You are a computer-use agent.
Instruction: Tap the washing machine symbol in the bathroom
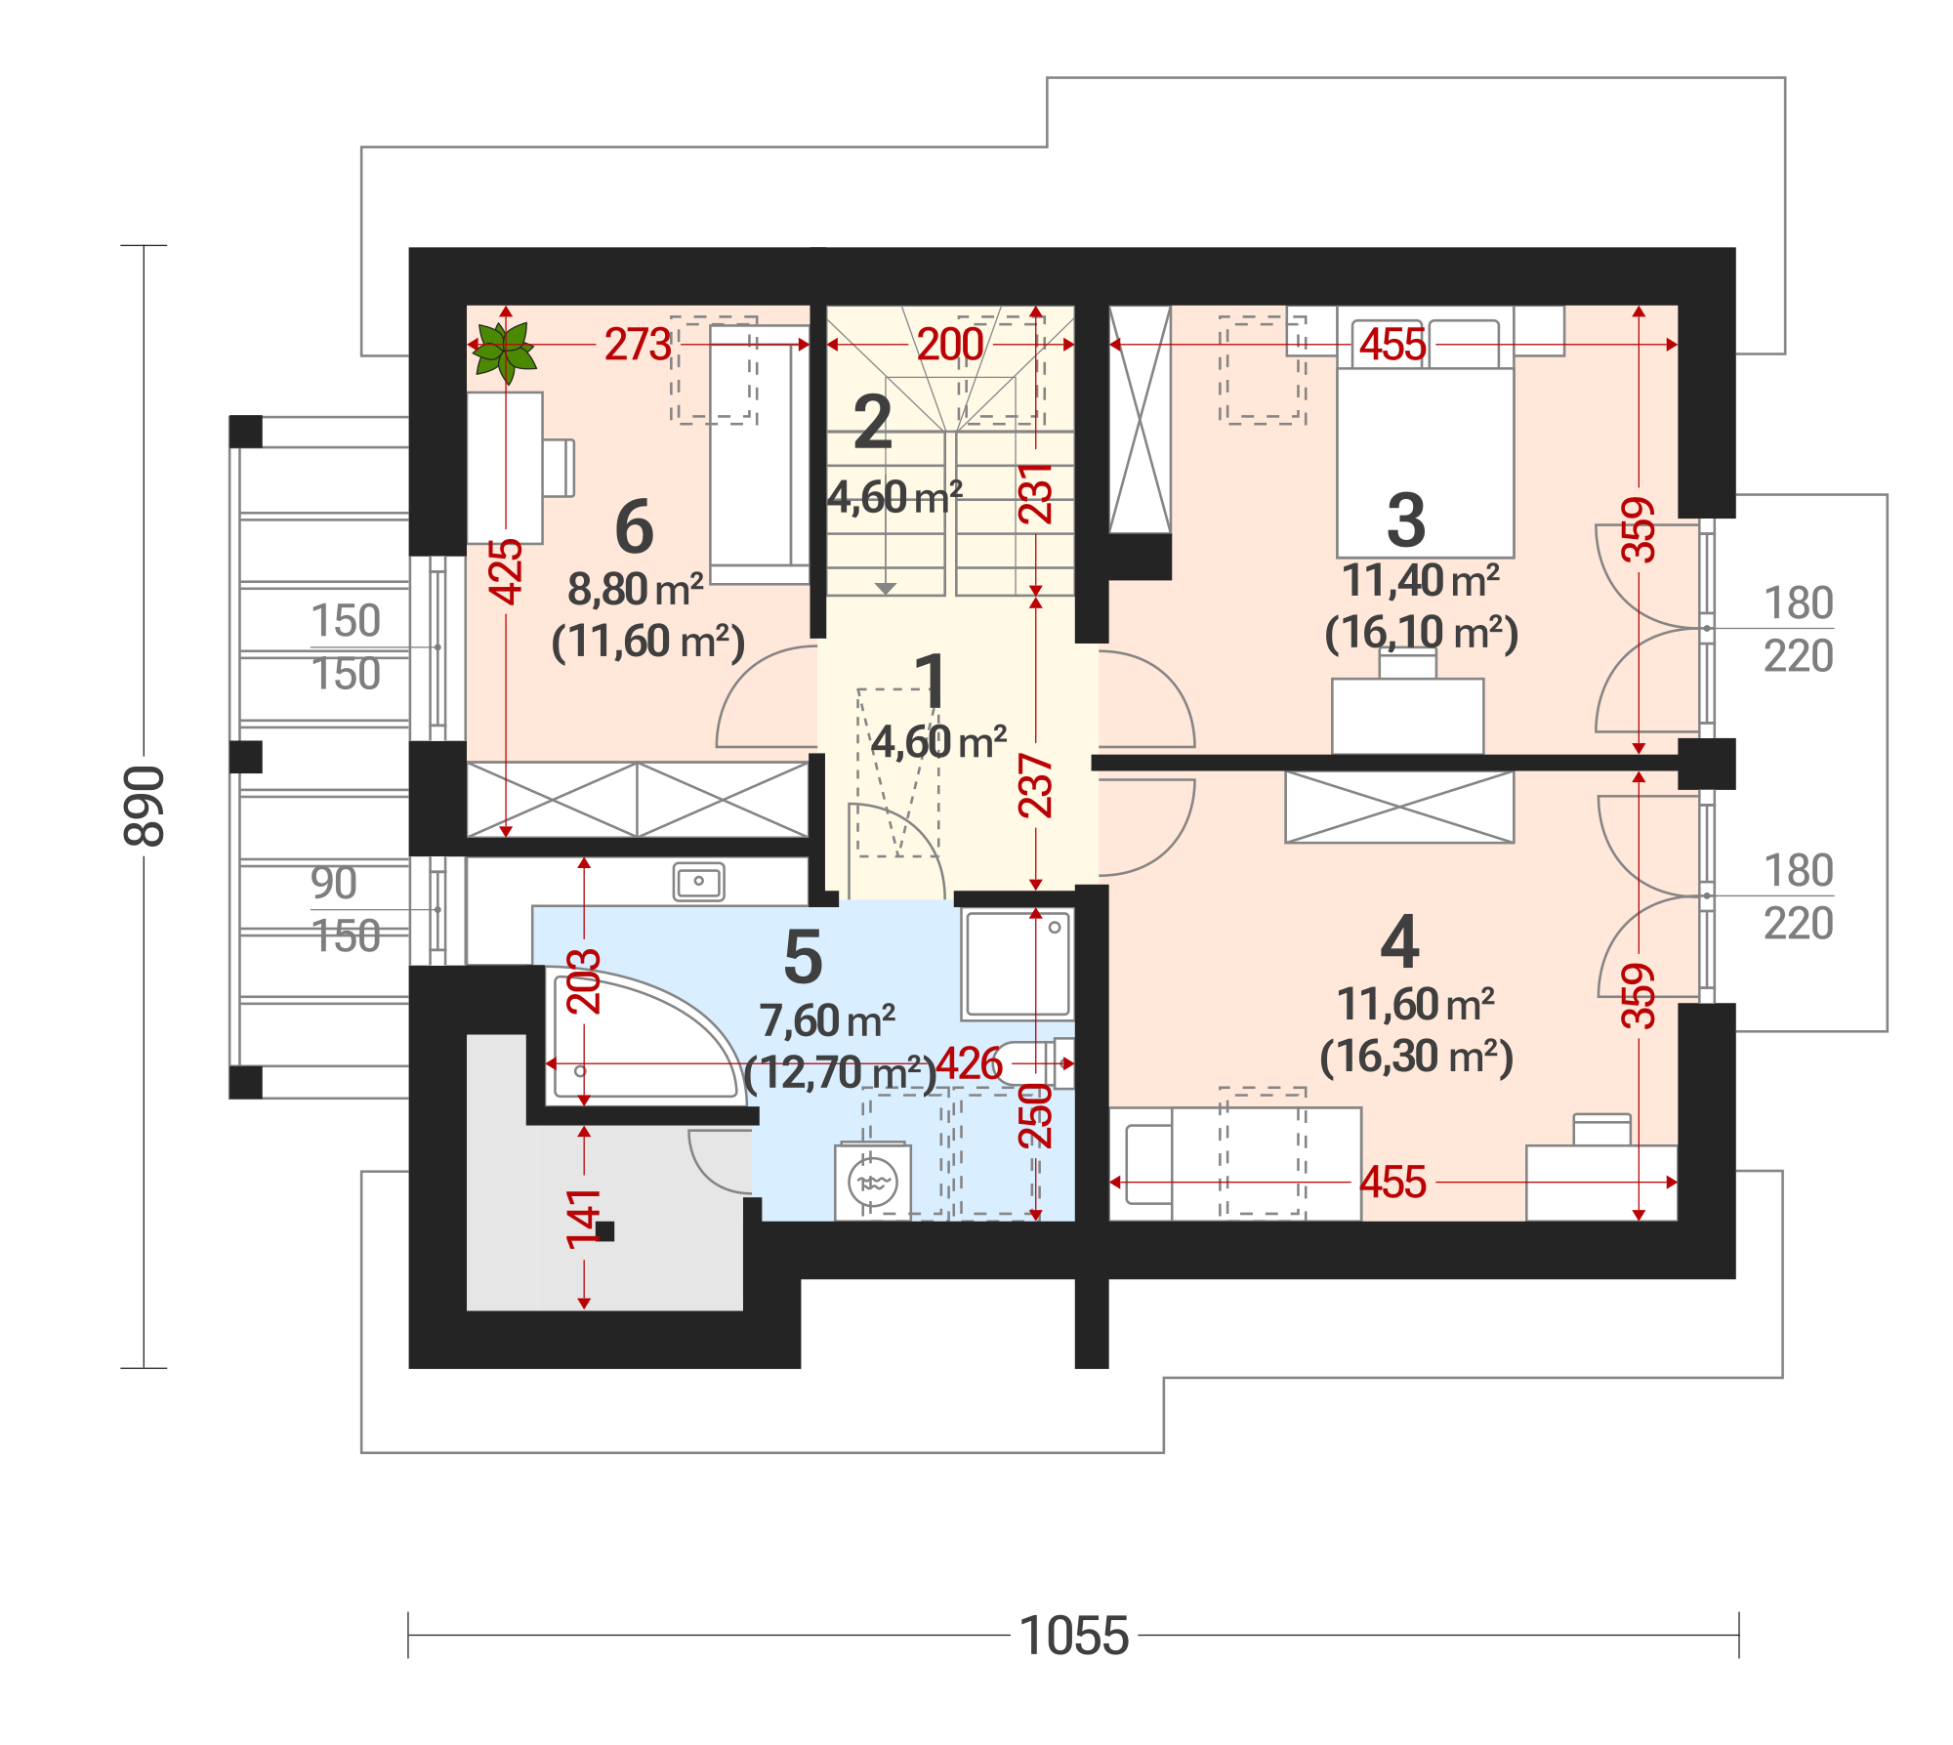(x=873, y=1183)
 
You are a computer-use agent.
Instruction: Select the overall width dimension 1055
(x=1073, y=1635)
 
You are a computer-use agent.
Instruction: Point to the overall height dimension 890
(x=145, y=806)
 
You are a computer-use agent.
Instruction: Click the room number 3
(x=1406, y=520)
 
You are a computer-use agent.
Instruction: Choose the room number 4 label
(x=1400, y=942)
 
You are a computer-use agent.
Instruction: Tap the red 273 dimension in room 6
(x=638, y=345)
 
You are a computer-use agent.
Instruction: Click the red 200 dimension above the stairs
(x=950, y=345)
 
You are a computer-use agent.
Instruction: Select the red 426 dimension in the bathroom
(x=969, y=1063)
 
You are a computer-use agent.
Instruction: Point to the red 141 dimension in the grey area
(x=584, y=1219)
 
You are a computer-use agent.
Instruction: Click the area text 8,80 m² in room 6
(x=636, y=590)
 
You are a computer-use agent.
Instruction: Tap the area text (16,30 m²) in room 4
(x=1416, y=1057)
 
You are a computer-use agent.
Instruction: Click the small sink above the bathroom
(x=699, y=882)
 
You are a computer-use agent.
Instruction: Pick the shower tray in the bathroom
(x=1018, y=964)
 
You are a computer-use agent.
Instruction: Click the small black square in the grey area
(x=605, y=1231)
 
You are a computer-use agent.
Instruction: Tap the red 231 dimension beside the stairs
(x=1036, y=493)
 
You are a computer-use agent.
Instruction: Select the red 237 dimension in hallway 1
(x=1036, y=785)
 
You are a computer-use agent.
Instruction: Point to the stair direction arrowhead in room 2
(x=886, y=589)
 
